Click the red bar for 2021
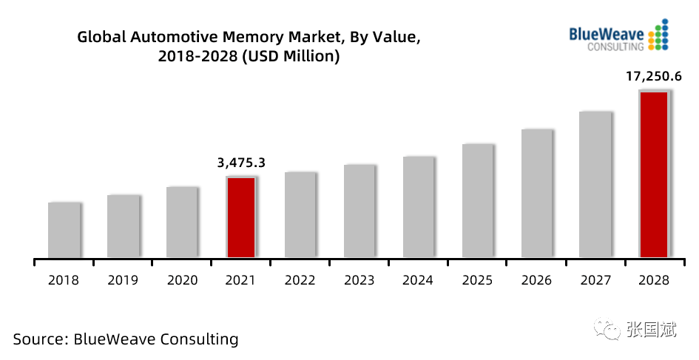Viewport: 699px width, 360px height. tap(241, 217)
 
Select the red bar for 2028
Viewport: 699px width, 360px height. tap(654, 174)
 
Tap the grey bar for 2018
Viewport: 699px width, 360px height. tap(64, 230)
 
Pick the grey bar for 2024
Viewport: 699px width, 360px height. tap(419, 207)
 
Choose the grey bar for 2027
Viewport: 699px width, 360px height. tap(595, 185)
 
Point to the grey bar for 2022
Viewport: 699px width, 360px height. tap(300, 215)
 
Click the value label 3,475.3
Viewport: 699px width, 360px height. tap(241, 163)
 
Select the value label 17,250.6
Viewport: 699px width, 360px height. tap(654, 77)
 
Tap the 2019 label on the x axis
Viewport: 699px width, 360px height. tap(123, 280)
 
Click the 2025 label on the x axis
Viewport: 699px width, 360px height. tap(477, 280)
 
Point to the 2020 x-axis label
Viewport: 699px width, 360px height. tap(182, 280)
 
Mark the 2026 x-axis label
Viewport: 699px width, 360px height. tap(536, 280)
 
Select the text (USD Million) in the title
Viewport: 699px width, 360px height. tap(291, 57)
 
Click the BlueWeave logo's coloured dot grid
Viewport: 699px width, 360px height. tap(658, 34)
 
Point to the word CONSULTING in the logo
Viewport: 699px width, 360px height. tap(615, 47)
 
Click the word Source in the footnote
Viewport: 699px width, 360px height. tap(40, 339)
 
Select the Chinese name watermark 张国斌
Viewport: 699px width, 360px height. tap(652, 330)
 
